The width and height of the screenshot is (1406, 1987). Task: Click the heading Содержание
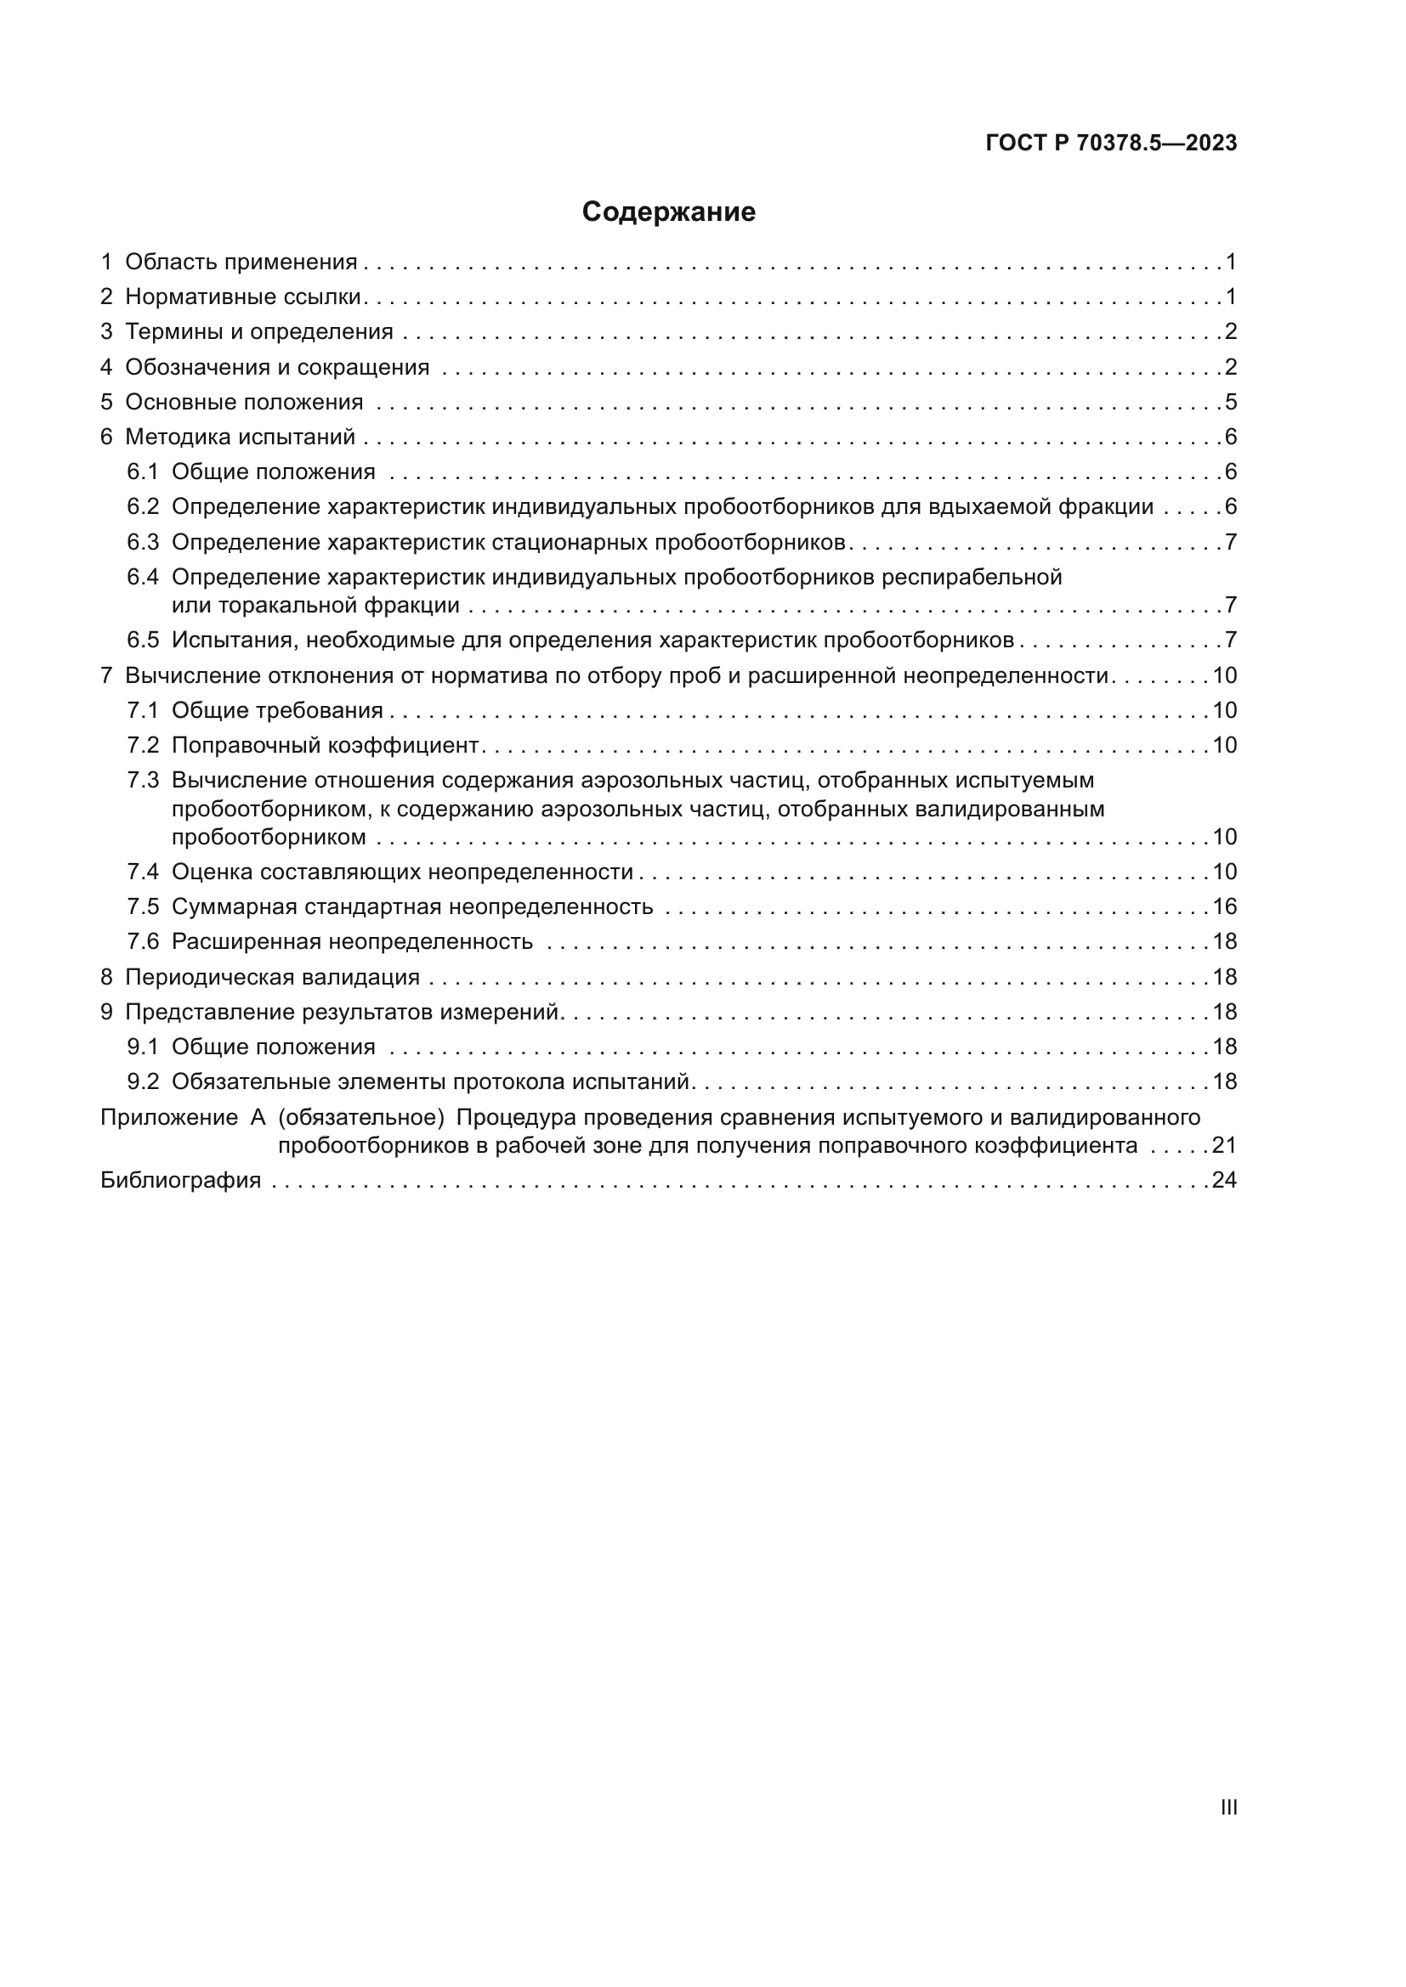[668, 212]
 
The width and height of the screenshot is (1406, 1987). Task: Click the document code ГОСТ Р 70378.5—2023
[1111, 144]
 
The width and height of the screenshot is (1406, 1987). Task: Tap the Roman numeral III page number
[1227, 1807]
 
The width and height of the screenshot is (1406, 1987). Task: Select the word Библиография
[181, 1181]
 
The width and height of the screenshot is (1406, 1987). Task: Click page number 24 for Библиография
[1224, 1181]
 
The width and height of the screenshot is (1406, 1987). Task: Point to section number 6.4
[143, 577]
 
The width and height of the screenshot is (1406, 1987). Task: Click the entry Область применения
[241, 262]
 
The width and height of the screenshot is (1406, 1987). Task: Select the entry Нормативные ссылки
[242, 296]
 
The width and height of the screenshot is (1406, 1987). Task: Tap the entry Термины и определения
[259, 331]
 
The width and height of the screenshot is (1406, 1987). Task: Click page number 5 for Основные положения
[1231, 403]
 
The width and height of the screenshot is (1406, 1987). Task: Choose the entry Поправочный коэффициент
[325, 745]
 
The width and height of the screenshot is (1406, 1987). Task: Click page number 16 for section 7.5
[1224, 907]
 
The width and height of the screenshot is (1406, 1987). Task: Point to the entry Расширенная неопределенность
[352, 941]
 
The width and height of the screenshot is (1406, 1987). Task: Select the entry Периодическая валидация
[272, 977]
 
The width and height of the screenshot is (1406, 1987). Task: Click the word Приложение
[169, 1117]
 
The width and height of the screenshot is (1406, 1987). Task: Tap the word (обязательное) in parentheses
[361, 1117]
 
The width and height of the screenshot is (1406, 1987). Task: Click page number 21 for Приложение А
[1224, 1146]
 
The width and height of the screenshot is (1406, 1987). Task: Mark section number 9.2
[143, 1081]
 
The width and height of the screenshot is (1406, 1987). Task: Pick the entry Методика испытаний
[240, 437]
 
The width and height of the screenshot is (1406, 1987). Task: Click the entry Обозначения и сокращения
[277, 367]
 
